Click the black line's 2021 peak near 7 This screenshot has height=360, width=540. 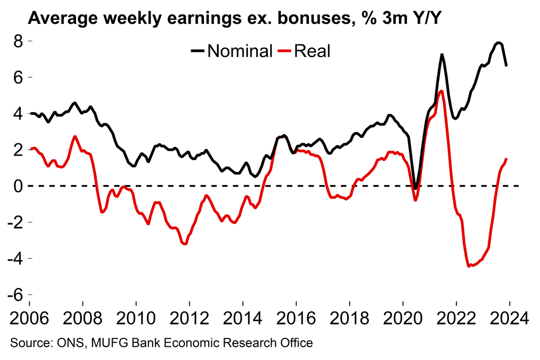[x=441, y=54]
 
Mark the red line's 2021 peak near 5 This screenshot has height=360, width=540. [x=441, y=91]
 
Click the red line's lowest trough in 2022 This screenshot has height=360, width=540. [x=469, y=266]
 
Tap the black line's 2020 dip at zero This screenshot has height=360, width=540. [x=416, y=188]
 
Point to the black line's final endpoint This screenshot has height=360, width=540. [x=507, y=66]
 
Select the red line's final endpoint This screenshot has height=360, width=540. [x=507, y=159]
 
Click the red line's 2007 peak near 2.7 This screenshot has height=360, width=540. [x=75, y=136]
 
